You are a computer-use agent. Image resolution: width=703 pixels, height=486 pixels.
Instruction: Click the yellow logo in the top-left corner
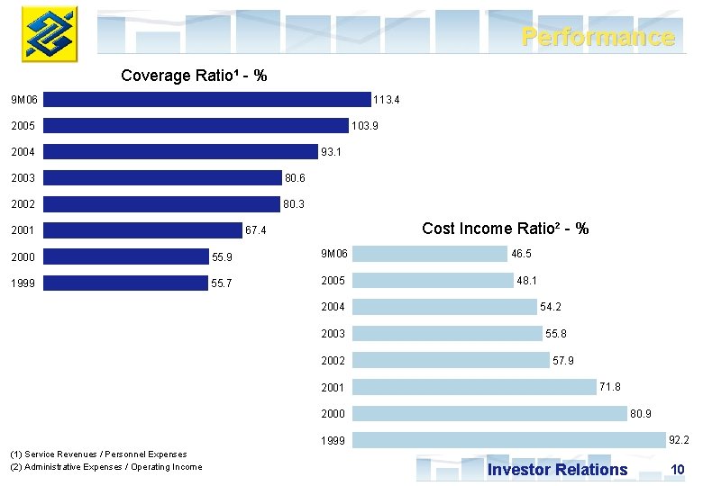coord(50,34)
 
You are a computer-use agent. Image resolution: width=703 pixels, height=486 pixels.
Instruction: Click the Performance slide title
coord(598,37)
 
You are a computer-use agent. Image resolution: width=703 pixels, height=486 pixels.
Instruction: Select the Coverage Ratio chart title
coord(194,76)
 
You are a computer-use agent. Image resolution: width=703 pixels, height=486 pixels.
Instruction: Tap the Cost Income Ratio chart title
coord(505,229)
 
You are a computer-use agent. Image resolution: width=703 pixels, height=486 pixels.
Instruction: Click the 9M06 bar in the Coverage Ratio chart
coord(206,99)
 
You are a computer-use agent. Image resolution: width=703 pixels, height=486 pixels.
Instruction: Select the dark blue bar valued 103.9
coord(196,126)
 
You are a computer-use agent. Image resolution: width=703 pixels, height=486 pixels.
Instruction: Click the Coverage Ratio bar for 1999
coord(125,283)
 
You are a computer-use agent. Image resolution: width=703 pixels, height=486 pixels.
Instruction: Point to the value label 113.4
coord(387,100)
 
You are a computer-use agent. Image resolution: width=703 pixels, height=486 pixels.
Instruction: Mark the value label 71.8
coord(610,387)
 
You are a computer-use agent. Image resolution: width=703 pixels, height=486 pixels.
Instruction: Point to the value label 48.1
coord(527,281)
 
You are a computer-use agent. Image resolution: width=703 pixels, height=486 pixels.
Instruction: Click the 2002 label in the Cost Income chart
coord(333,361)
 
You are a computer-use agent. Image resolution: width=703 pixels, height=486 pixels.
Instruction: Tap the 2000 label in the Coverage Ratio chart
coord(23,257)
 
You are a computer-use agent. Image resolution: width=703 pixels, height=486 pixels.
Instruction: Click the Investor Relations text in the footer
coord(557,470)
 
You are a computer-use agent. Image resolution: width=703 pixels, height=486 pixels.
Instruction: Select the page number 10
coord(678,470)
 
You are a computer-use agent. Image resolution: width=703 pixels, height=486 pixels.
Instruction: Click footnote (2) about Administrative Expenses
coord(105,466)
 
